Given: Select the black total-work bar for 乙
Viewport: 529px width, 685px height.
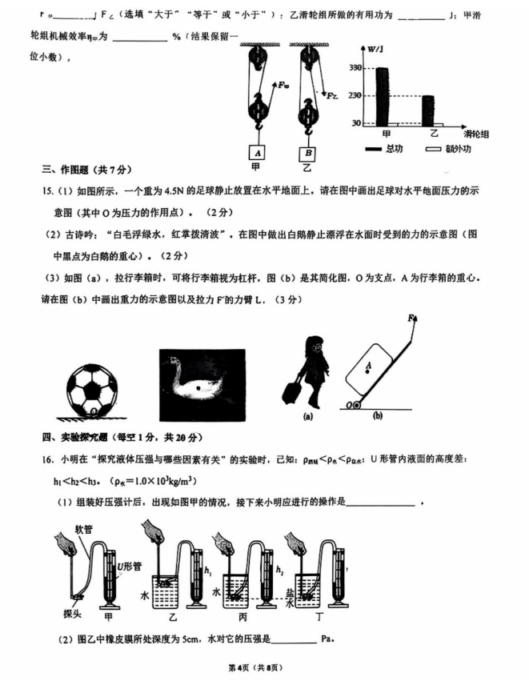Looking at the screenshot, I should coord(427,110).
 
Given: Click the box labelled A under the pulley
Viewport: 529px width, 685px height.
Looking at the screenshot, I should coord(257,152).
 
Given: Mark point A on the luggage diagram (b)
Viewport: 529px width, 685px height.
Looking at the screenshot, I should coord(368,367).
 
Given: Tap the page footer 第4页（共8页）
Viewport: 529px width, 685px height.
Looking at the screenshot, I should coord(264,667).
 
